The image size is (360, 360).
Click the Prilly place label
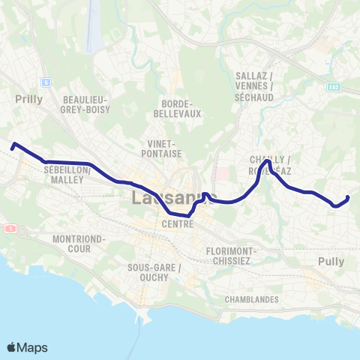(27, 98)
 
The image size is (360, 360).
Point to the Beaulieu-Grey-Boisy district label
(87, 104)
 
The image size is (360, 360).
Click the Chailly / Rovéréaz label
(270, 165)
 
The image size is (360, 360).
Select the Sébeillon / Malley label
(67, 174)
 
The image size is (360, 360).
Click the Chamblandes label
(252, 299)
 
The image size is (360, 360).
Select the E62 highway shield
(332, 87)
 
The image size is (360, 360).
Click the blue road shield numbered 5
(46, 82)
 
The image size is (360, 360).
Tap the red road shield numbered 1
(10, 228)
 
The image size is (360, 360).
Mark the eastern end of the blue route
(348, 197)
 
